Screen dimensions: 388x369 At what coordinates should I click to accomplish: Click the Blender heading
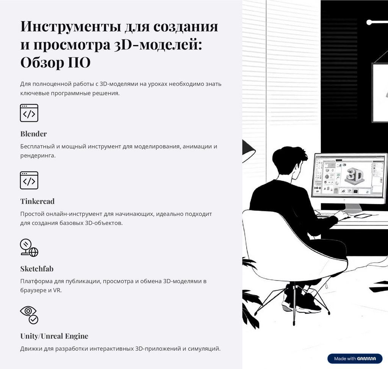coord(33,134)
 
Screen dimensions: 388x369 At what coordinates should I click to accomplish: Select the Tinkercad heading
coord(38,201)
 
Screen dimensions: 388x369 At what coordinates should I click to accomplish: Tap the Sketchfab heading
coord(37,269)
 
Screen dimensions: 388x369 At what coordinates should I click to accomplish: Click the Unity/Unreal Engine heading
coord(54,336)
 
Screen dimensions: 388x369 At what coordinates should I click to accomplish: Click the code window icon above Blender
coord(29,113)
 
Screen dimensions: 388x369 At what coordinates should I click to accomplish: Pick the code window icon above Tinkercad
coord(29,180)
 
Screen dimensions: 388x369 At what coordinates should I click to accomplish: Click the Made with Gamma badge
coord(355,359)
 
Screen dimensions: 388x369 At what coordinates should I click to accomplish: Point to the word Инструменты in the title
coord(71,26)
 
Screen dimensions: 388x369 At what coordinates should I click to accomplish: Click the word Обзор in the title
coord(42,62)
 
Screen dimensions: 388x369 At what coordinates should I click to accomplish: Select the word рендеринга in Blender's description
coord(38,156)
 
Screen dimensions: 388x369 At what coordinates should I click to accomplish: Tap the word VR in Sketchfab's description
coord(57,290)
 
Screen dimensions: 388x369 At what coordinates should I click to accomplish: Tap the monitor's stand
coord(353,208)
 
